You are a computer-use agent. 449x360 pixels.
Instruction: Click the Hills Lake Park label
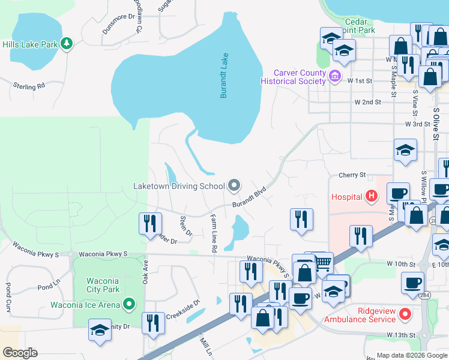pos(29,44)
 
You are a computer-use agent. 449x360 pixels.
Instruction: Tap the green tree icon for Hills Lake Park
pos(67,43)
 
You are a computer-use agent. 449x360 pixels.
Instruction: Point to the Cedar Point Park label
pos(357,26)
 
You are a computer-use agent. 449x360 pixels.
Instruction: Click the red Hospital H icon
pos(372,196)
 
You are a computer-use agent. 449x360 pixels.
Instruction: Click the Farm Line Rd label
pos(213,232)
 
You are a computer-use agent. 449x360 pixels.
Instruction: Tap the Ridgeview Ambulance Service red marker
pos(406,314)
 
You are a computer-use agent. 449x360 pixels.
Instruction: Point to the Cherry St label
pos(352,175)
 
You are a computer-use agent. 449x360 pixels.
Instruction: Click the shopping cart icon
pos(324,262)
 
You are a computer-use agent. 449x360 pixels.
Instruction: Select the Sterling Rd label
pos(29,86)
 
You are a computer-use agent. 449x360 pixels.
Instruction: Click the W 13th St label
pos(401,334)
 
